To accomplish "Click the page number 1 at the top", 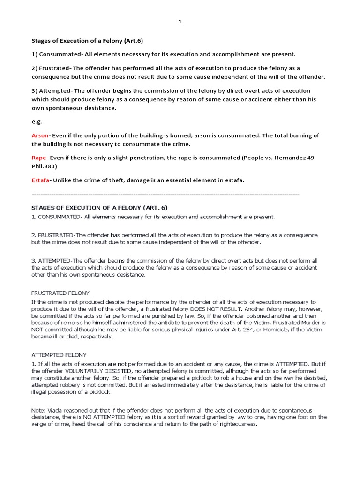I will [x=180, y=22].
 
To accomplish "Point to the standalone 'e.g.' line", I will [x=36, y=121].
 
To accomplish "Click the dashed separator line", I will [x=165, y=194].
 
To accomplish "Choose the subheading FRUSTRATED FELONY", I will [x=60, y=293].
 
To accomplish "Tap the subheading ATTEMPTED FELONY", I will [x=59, y=355].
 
